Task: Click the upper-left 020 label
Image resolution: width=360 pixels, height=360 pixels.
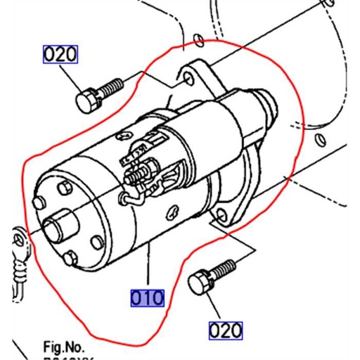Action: [x=60, y=54]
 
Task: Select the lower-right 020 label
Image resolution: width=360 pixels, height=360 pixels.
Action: [x=225, y=330]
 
